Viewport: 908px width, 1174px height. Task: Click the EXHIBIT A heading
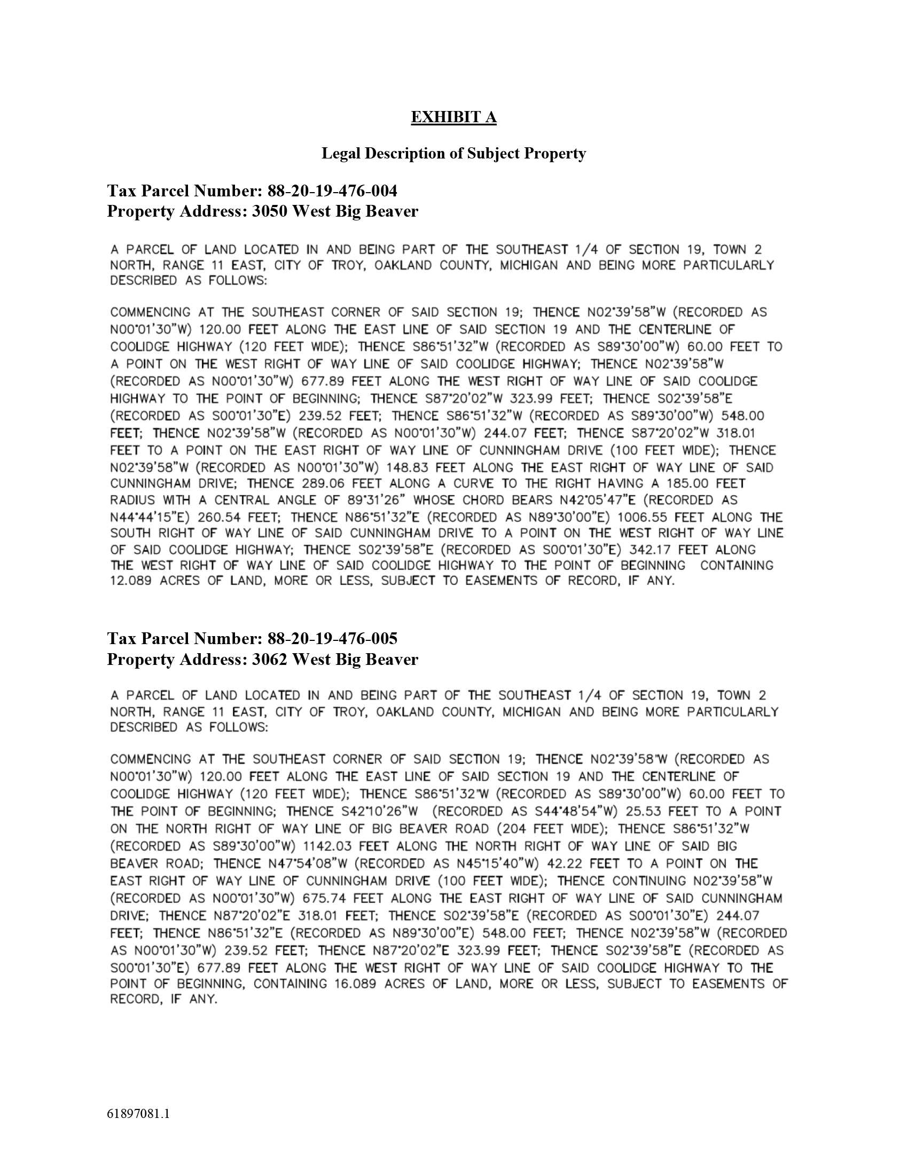(453, 117)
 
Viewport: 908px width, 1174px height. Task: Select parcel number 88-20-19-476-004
(332, 191)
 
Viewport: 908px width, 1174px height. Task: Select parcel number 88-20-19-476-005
(332, 639)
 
